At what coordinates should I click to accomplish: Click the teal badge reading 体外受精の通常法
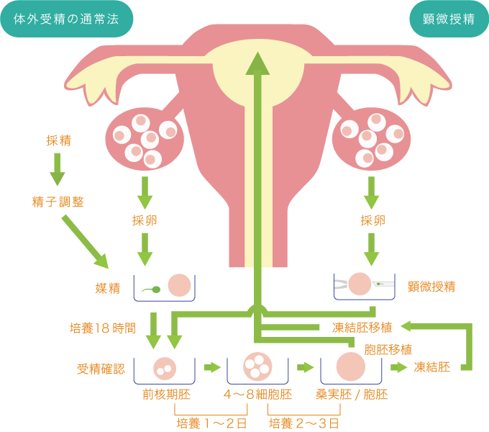pos(67,19)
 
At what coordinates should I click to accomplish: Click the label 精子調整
pos(58,202)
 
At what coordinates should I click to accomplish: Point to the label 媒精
pos(107,288)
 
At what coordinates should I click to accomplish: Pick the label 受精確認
pos(101,369)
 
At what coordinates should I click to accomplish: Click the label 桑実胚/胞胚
pos(352,395)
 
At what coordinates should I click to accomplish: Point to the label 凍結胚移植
pos(362,328)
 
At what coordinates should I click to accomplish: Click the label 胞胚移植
pos(388,349)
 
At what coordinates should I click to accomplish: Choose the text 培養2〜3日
pos(304,423)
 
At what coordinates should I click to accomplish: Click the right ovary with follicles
pos(372,136)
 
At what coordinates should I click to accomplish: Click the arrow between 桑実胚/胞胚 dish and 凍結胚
pos(399,367)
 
